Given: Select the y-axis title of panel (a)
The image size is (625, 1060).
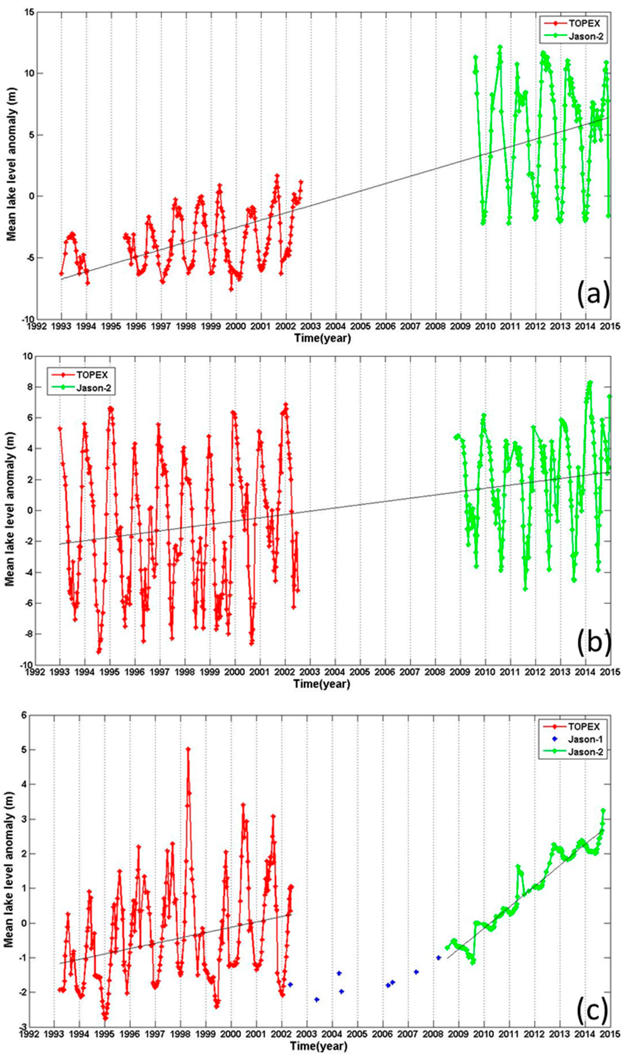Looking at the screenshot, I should click(11, 166).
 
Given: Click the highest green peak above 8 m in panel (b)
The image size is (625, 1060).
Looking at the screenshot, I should click(590, 383).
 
